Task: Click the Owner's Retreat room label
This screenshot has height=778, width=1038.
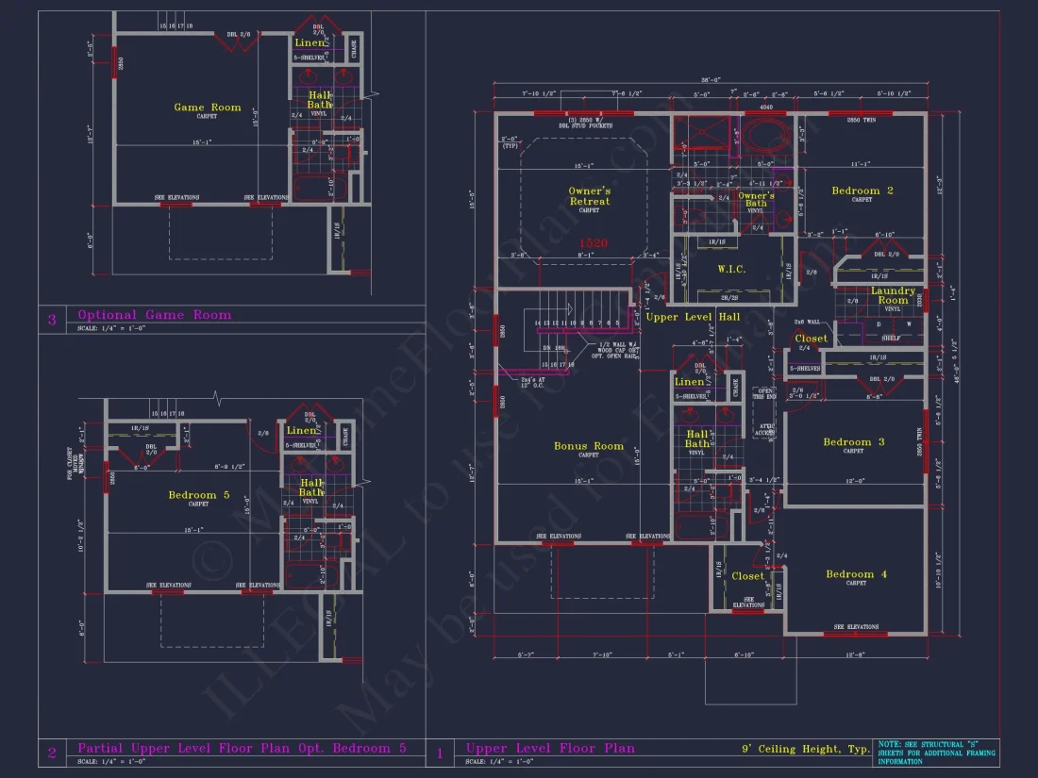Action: coord(589,196)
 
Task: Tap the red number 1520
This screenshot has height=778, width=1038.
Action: coord(594,243)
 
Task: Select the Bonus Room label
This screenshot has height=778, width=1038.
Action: coord(589,446)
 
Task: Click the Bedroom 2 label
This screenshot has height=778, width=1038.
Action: coord(862,191)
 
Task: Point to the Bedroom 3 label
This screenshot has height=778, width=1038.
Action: coord(854,442)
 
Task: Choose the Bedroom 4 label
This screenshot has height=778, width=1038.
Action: coord(856,574)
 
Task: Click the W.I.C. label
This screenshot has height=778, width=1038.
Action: coord(731,270)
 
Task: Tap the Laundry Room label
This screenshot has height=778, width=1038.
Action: coord(893,295)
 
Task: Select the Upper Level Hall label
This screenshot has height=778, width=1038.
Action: coord(693,317)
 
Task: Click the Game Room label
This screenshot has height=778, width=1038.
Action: coord(208,108)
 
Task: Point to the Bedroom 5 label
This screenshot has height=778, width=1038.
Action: coord(199,495)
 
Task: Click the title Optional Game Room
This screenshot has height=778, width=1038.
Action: coord(154,315)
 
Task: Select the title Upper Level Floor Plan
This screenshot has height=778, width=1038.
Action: coord(550,748)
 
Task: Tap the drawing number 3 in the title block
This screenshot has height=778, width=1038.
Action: coord(52,320)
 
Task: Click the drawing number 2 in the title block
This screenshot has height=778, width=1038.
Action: coord(52,752)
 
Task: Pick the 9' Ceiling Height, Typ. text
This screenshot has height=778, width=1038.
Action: coord(805,749)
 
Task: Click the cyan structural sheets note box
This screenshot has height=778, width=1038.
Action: coord(936,752)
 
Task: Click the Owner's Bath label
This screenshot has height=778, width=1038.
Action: coord(756,200)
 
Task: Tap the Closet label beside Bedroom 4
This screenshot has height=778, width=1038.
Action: coord(748,576)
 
